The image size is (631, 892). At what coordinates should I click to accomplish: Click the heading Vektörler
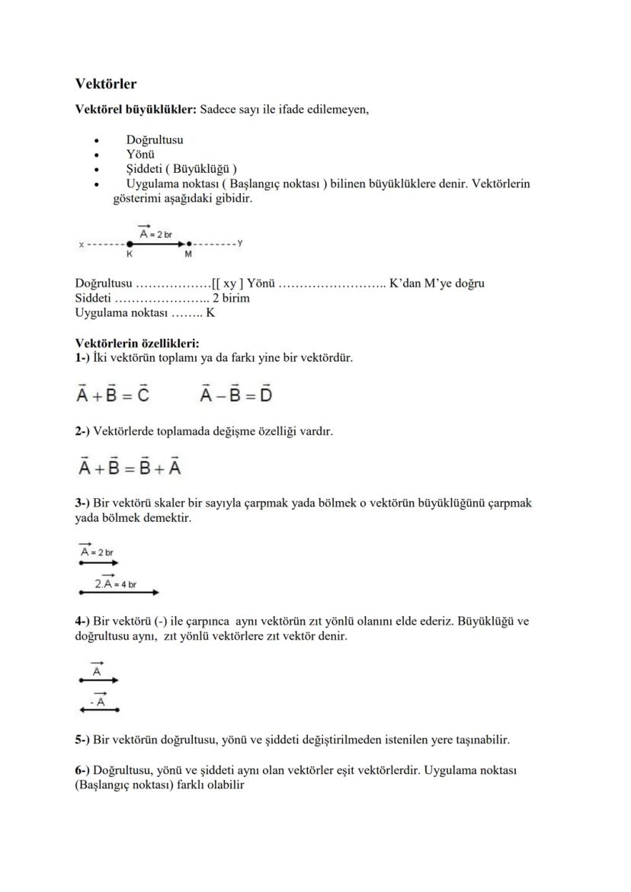[x=106, y=83]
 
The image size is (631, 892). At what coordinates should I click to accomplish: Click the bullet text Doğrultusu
[x=154, y=140]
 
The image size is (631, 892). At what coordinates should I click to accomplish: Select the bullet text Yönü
[x=141, y=155]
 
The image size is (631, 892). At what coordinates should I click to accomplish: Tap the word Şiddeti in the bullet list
[x=145, y=169]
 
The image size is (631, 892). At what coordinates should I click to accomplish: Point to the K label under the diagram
[x=130, y=254]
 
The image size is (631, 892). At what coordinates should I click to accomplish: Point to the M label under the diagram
[x=188, y=254]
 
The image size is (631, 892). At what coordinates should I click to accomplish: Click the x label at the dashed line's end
[x=81, y=244]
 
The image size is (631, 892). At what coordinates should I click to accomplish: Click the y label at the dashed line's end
[x=240, y=242]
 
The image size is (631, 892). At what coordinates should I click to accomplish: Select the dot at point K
[x=130, y=244]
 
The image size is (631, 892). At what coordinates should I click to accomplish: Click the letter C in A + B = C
[x=141, y=395]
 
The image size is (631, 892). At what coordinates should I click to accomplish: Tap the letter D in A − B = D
[x=265, y=395]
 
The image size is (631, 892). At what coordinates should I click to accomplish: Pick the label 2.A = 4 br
[x=115, y=583]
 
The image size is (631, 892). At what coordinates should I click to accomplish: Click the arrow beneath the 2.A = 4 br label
[x=119, y=592]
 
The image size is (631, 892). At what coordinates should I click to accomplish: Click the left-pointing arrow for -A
[x=99, y=710]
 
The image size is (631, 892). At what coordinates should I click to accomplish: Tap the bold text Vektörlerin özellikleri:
[x=136, y=343]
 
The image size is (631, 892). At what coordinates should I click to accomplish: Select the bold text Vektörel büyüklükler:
[x=136, y=110]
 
